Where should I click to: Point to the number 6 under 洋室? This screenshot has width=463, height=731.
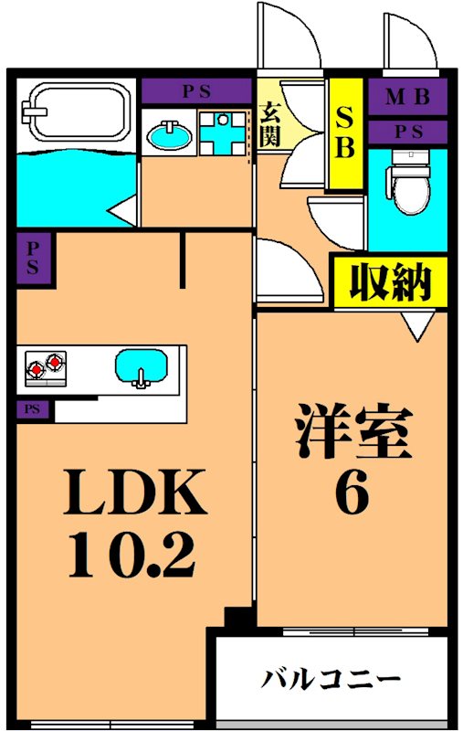[x=353, y=494]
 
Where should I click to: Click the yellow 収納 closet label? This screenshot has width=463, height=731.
[x=389, y=282]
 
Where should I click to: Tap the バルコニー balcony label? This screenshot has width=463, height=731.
[x=332, y=681]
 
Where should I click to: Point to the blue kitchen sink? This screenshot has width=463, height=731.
[x=142, y=368]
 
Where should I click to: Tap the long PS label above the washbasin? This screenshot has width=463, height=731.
[x=195, y=91]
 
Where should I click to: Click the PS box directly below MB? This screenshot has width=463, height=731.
[x=407, y=132]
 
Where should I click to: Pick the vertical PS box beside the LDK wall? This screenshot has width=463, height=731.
[x=32, y=257]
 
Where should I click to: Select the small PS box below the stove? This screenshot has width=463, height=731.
[x=32, y=410]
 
